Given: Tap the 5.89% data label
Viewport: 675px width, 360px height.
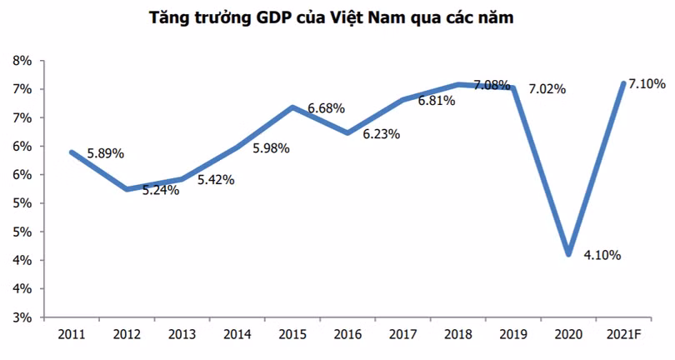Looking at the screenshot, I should point(105,153).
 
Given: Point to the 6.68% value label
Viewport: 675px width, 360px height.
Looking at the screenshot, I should point(326,108).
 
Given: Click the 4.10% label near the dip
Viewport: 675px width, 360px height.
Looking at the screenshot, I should point(601,256).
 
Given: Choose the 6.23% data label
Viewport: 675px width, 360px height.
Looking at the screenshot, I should point(382,133).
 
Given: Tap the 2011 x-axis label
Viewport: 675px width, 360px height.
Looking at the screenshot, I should point(71,336).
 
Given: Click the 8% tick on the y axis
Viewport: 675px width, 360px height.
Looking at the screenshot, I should point(21,61).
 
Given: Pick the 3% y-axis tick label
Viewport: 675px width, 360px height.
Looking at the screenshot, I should point(21,317).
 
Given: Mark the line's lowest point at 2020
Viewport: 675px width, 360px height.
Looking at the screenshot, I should point(568,253).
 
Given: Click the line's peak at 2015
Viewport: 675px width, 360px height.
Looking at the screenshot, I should point(292,107).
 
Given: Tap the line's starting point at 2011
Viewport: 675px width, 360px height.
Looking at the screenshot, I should point(72,152).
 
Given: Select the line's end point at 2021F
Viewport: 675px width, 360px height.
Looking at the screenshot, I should point(623,83).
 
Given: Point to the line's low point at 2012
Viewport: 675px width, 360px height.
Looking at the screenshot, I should point(126,189).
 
